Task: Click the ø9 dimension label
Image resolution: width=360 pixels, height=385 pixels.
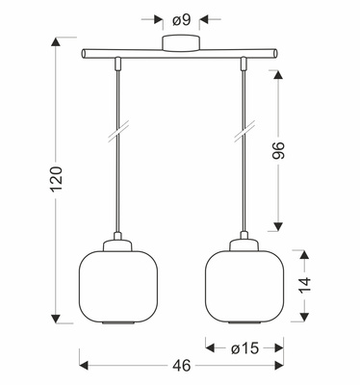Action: pyautogui.click(x=179, y=17)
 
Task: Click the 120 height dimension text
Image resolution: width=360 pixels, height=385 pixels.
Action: pyautogui.click(x=57, y=183)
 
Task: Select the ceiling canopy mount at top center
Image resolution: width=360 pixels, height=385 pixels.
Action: pyautogui.click(x=180, y=42)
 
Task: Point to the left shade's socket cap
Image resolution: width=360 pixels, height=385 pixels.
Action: pyautogui.click(x=116, y=241)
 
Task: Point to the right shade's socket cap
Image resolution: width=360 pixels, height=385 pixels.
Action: pyautogui.click(x=243, y=241)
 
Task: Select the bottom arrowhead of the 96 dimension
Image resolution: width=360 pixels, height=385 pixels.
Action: pyautogui.click(x=279, y=227)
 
